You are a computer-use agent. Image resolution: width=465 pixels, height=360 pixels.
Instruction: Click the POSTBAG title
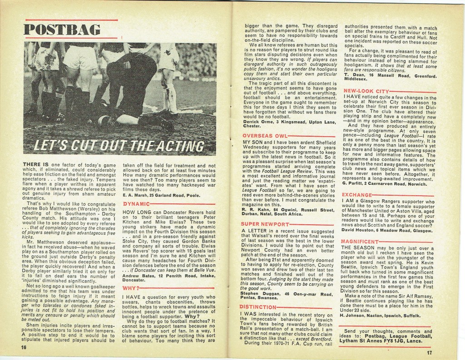coord(62,30)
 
